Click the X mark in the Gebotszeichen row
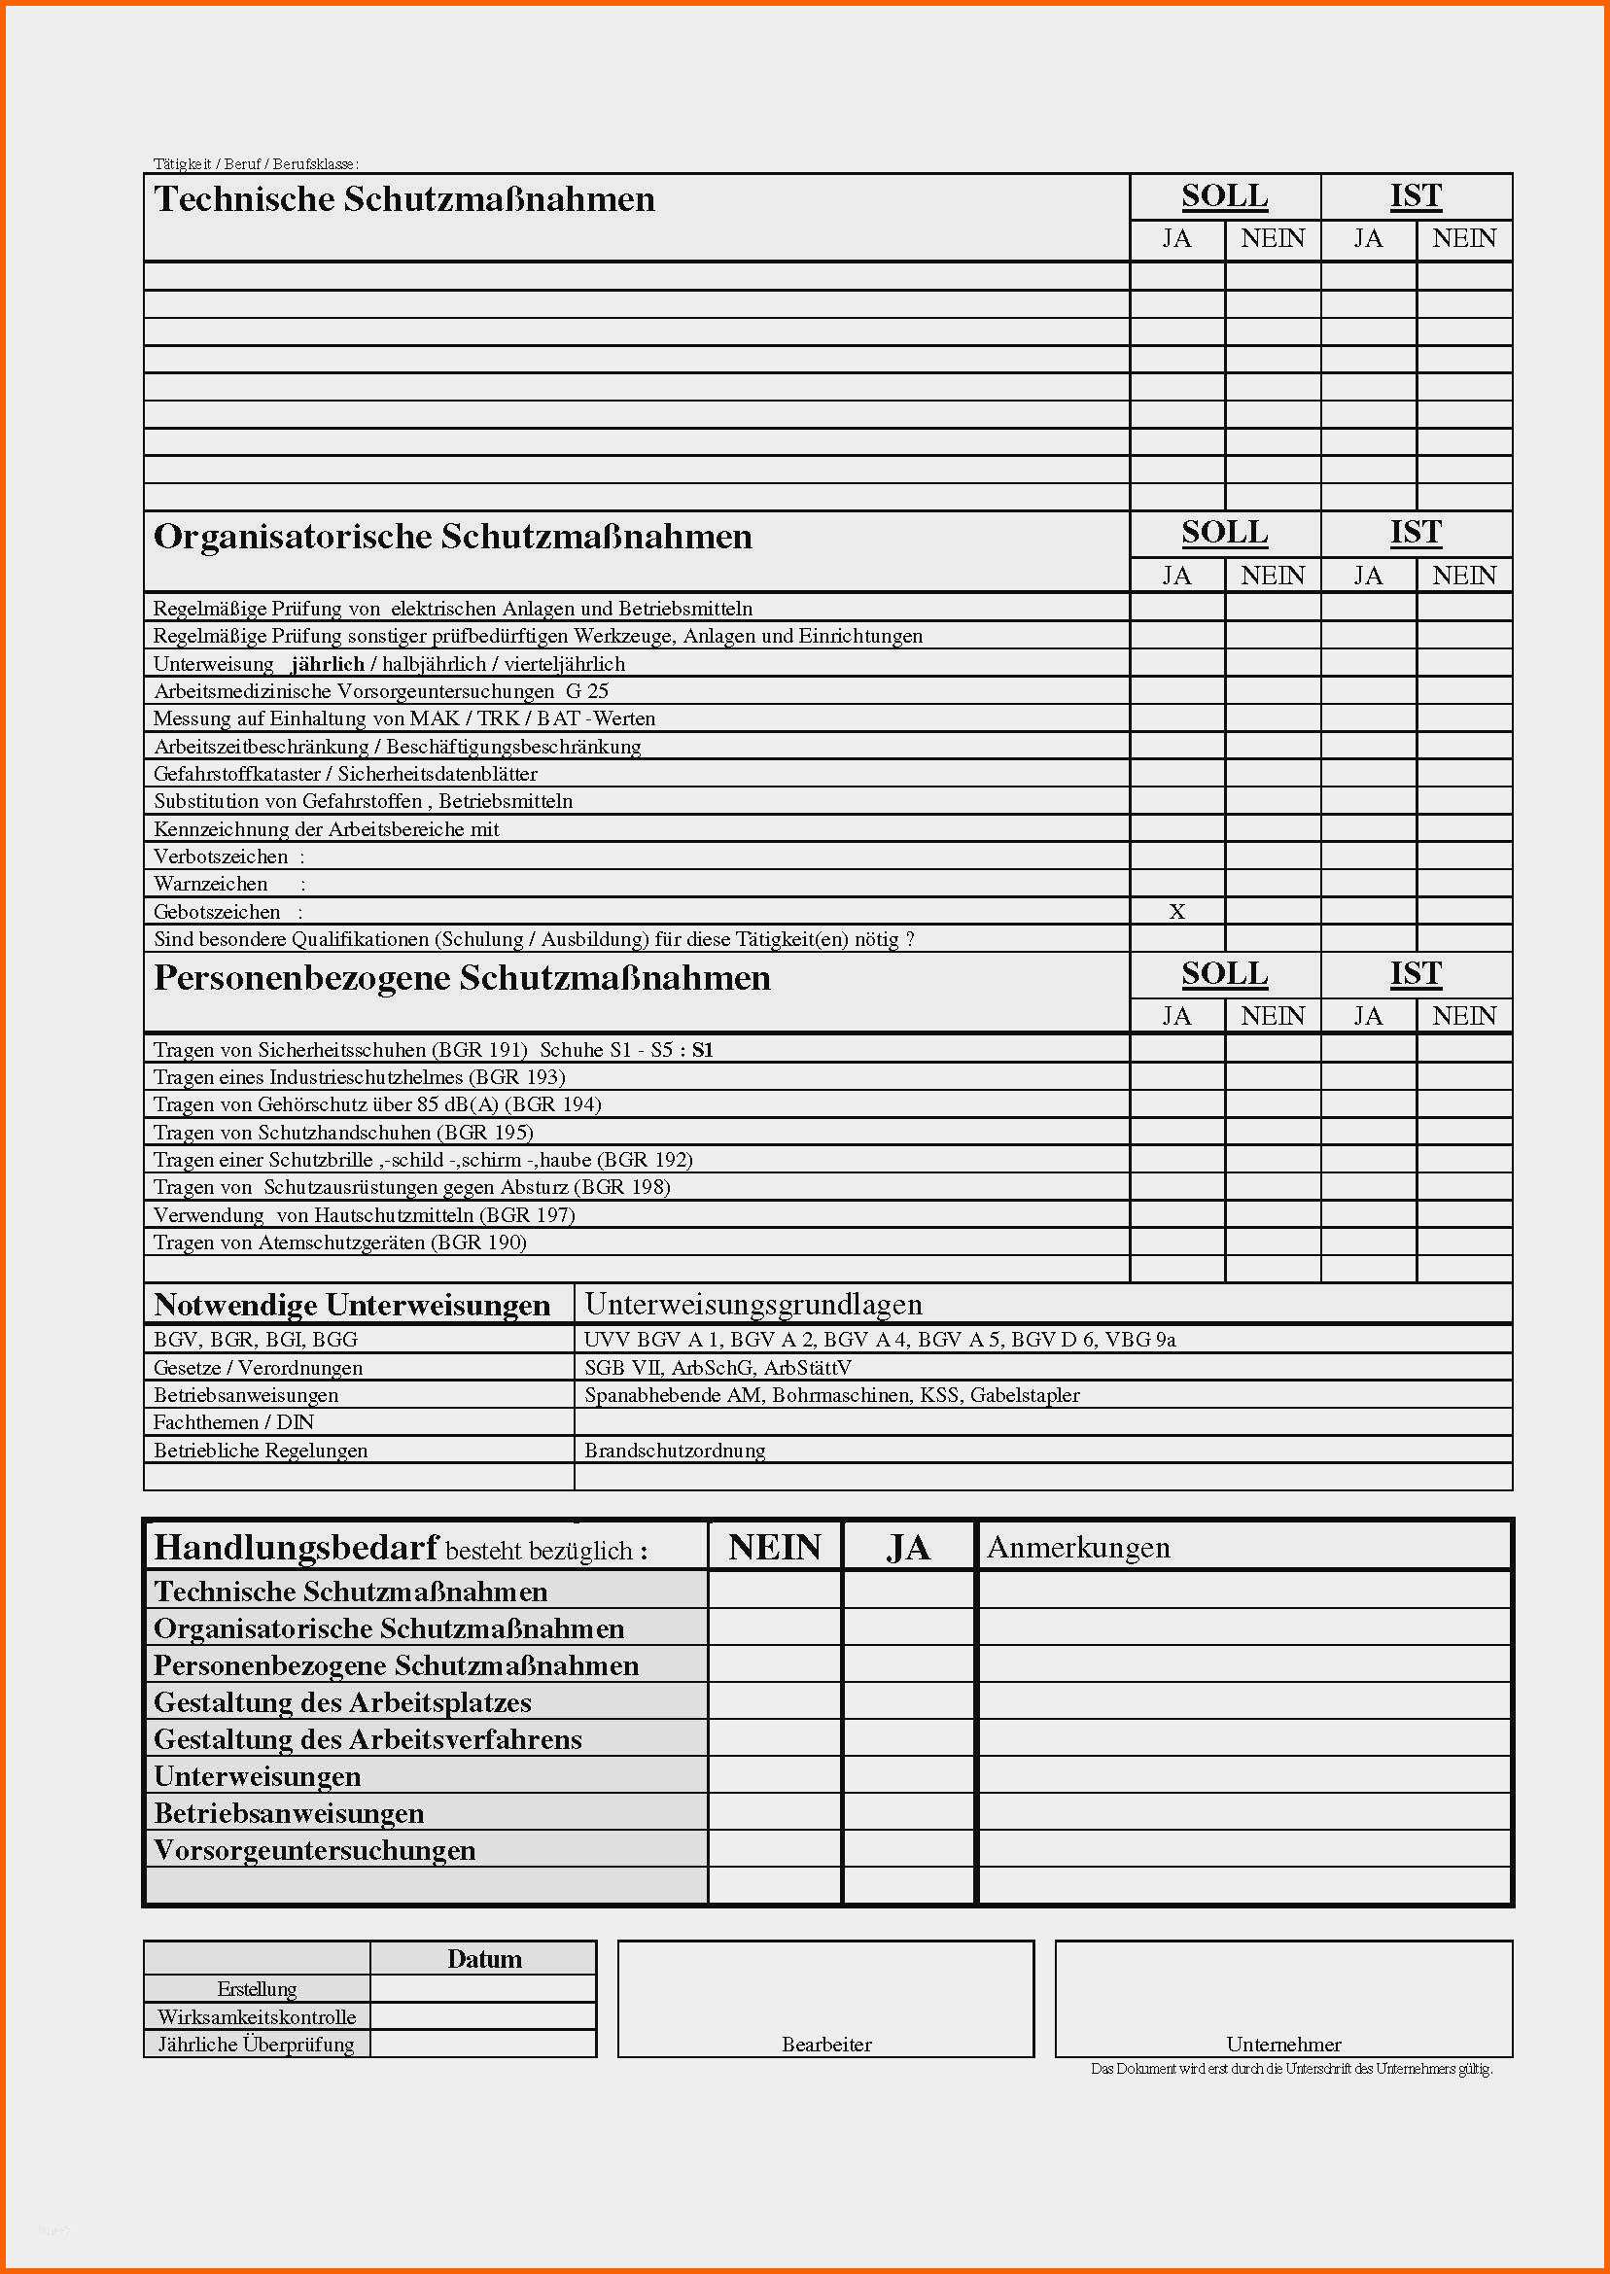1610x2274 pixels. pyautogui.click(x=1176, y=912)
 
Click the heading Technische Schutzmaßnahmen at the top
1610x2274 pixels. pyautogui.click(x=404, y=199)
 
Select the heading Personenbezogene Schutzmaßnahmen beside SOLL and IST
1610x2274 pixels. pyautogui.click(x=462, y=978)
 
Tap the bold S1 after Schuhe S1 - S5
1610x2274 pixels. pyautogui.click(x=702, y=1050)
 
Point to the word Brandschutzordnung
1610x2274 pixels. pyautogui.click(x=674, y=1451)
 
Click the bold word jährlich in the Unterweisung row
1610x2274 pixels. pyautogui.click(x=329, y=664)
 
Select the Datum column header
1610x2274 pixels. pyautogui.click(x=484, y=1959)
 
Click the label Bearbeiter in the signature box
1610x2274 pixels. pyautogui.click(x=825, y=2044)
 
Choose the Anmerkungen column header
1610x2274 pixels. pyautogui.click(x=1077, y=1548)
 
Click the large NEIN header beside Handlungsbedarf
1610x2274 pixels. pyautogui.click(x=774, y=1548)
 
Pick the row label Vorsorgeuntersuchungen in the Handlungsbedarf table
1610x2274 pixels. pyautogui.click(x=315, y=1850)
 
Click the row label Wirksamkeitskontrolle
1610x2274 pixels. pyautogui.click(x=257, y=2016)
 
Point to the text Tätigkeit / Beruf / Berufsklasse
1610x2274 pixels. pyautogui.click(x=256, y=163)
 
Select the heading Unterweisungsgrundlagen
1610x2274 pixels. pyautogui.click(x=753, y=1305)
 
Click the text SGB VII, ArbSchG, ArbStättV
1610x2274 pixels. pyautogui.click(x=717, y=1368)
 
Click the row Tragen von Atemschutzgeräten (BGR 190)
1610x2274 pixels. pyautogui.click(x=340, y=1242)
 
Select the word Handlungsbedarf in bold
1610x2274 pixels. pyautogui.click(x=297, y=1548)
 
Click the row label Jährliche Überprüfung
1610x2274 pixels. pyautogui.click(x=256, y=2043)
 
